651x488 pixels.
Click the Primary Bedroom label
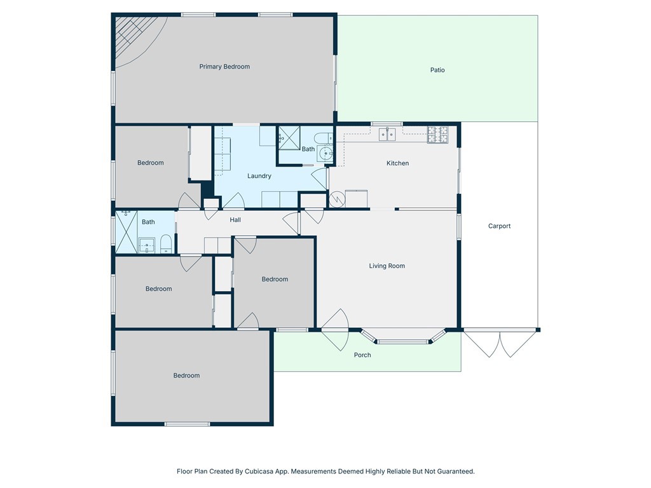(224, 67)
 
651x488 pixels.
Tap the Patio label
(437, 70)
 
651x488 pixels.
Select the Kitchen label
(398, 163)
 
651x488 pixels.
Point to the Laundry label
(259, 176)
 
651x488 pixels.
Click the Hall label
(235, 220)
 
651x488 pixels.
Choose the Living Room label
(387, 266)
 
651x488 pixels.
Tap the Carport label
(499, 226)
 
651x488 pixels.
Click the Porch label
(362, 355)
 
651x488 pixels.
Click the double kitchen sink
(387, 133)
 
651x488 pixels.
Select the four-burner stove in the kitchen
(437, 134)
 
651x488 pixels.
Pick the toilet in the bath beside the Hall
(165, 243)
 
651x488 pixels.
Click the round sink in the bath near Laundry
(325, 152)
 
